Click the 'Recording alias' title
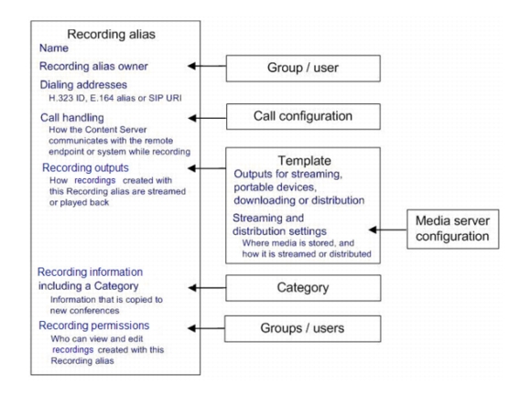tap(111, 34)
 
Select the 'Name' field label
tap(54, 48)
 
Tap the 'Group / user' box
tap(303, 69)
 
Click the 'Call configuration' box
tap(303, 117)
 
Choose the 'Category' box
tap(303, 288)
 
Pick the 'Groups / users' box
tap(302, 329)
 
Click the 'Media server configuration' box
tap(453, 229)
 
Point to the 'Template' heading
tap(305, 161)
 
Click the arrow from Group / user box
tap(207, 66)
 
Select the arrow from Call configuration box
tap(207, 118)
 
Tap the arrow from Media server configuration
tap(388, 230)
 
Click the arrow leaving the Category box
tap(207, 288)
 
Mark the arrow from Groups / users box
tap(206, 328)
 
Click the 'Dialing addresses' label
tap(83, 84)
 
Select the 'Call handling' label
tap(72, 118)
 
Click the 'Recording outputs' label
tap(85, 167)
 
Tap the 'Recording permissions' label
tap(93, 326)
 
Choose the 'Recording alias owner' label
tap(93, 66)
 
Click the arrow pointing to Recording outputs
tap(207, 168)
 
